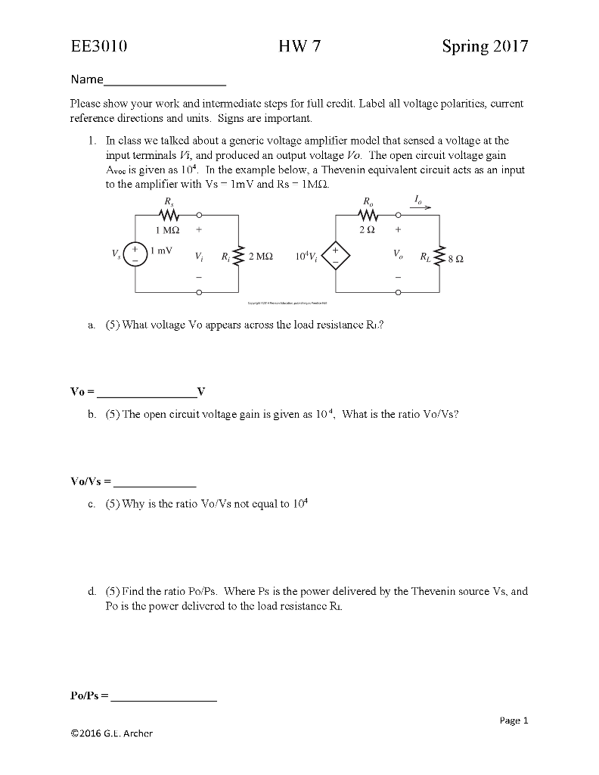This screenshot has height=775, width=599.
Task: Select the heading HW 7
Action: (x=299, y=47)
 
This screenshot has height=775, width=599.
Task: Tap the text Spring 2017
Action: (x=485, y=47)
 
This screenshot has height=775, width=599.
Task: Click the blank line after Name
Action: (x=165, y=80)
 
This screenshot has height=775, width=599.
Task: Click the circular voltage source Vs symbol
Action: (x=137, y=253)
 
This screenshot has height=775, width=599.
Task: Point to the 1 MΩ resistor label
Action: (x=167, y=229)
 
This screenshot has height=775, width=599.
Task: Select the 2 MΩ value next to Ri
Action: (x=261, y=257)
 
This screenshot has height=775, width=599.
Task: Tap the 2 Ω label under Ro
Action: (x=368, y=229)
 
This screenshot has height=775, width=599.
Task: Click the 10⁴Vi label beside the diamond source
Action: (x=309, y=257)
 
